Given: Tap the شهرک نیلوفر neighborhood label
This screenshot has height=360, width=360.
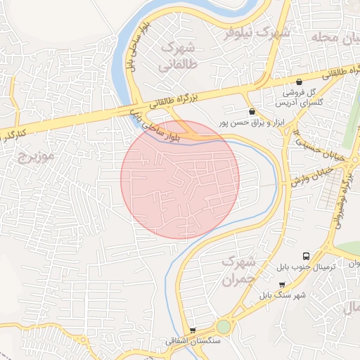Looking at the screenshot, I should pyautogui.click(x=257, y=32).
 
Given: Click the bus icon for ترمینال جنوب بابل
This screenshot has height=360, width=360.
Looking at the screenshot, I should pyautogui.click(x=306, y=256).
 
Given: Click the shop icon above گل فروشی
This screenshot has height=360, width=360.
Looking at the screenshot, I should pyautogui.click(x=300, y=82).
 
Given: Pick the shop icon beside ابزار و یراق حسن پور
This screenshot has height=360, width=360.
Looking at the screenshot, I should pyautogui.click(x=252, y=111).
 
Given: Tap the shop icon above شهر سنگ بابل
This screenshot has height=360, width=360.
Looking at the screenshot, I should pyautogui.click(x=282, y=284).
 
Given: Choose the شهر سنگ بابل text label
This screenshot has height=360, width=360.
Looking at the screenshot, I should pyautogui.click(x=282, y=295).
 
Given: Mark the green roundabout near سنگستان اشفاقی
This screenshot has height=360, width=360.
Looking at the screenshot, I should pyautogui.click(x=224, y=327).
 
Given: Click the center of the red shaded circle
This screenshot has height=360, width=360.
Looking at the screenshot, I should pyautogui.click(x=180, y=179).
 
